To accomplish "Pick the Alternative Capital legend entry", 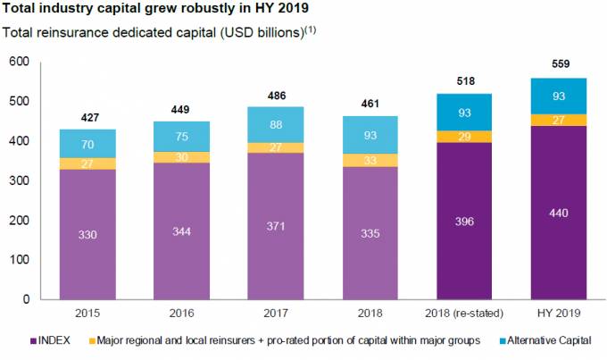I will (561, 339).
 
